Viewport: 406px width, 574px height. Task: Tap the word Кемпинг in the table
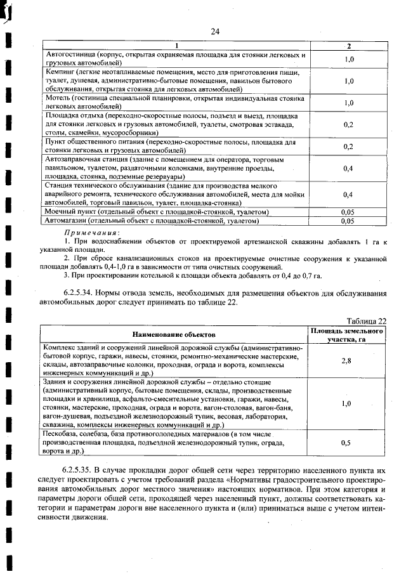pos(62,73)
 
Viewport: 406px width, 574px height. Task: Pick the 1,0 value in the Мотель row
pos(348,103)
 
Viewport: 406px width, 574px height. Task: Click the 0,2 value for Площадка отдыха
pos(348,125)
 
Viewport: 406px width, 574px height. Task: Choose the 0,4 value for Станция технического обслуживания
pos(348,194)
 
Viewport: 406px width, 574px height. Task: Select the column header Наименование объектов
pos(174,334)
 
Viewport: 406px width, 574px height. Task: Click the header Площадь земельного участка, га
pos(346,335)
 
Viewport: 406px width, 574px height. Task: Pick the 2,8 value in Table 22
pos(346,360)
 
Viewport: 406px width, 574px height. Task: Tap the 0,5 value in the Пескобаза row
pos(346,443)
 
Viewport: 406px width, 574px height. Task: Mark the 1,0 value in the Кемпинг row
pos(348,81)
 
